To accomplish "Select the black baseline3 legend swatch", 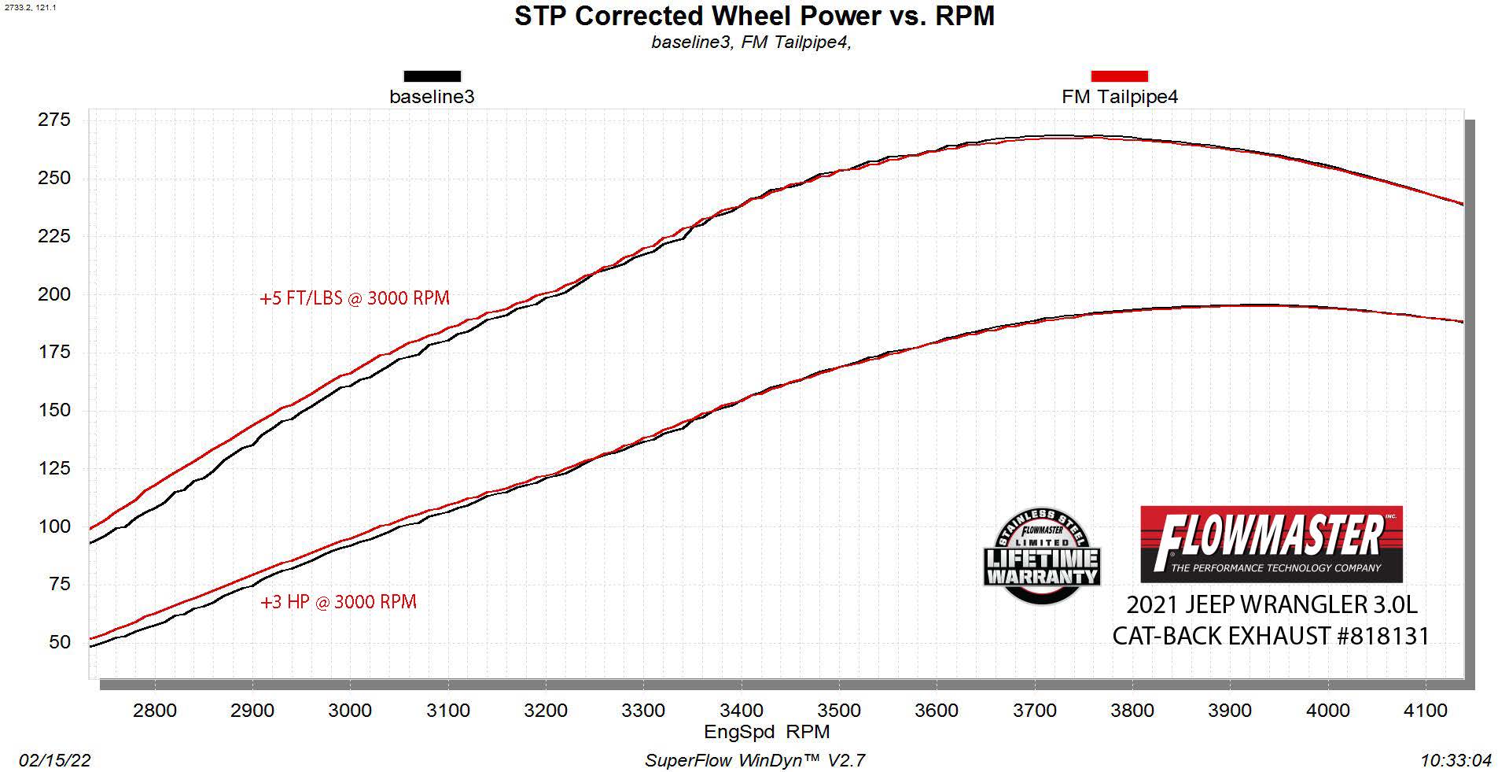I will (x=432, y=76).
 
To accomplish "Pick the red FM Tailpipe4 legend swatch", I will (x=1119, y=76).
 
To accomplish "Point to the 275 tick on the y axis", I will (x=54, y=120).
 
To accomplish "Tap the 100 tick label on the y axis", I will (x=54, y=526).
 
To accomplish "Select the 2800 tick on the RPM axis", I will (x=155, y=711).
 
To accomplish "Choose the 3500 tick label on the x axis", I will (x=839, y=711).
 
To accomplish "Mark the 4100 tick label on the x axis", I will (x=1425, y=711).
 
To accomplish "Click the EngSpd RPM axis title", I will (x=767, y=732).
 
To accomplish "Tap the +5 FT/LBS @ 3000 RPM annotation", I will (x=355, y=298).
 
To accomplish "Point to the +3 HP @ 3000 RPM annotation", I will (x=338, y=602).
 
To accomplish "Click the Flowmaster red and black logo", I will (x=1271, y=544).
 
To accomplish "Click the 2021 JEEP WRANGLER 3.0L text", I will (x=1271, y=604).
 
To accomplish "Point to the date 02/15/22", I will (x=55, y=760).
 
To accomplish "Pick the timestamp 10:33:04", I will (x=1456, y=760).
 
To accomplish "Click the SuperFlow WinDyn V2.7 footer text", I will (x=755, y=760).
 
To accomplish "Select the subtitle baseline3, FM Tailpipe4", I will (x=751, y=42).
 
